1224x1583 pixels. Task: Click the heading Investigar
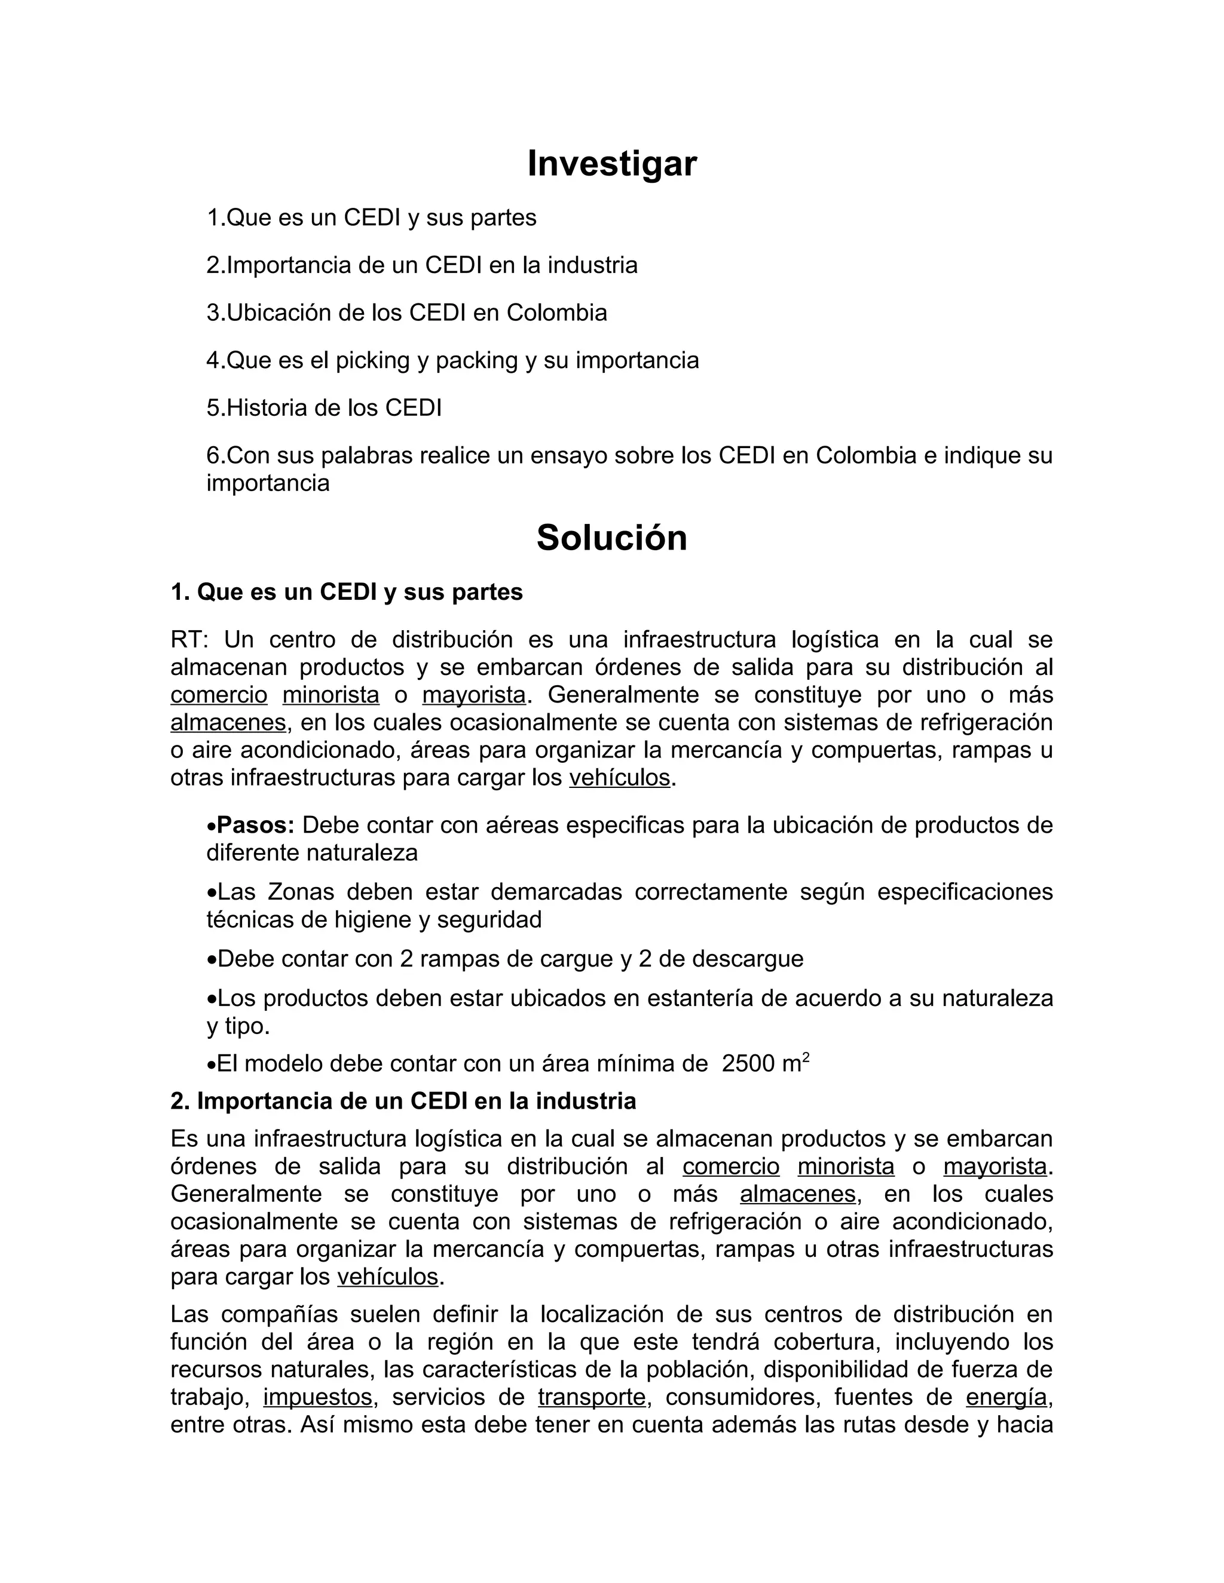611,163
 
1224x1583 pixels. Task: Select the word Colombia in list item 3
556,312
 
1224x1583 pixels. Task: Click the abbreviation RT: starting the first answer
189,639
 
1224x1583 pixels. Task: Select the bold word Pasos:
255,825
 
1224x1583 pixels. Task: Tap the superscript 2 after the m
806,1057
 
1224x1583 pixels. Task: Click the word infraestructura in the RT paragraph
699,639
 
